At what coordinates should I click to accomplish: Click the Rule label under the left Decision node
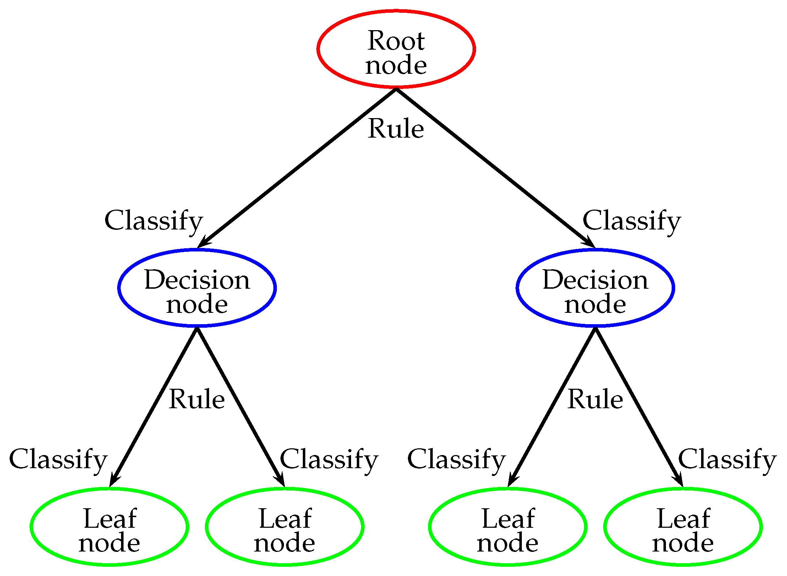pyautogui.click(x=197, y=399)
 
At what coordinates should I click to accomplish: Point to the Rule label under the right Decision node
pyautogui.click(x=595, y=399)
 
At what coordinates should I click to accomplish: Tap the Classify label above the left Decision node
pyautogui.click(x=154, y=222)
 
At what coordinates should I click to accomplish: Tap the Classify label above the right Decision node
pyautogui.click(x=632, y=222)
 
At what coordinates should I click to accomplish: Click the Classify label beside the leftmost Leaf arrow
pyautogui.click(x=58, y=460)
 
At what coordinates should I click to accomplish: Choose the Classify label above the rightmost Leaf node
pyautogui.click(x=728, y=460)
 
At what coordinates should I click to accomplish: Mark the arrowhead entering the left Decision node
pyautogui.click(x=203, y=242)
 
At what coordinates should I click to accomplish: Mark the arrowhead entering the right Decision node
pyautogui.click(x=589, y=242)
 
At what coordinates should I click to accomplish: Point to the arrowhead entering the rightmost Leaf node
pyautogui.click(x=678, y=480)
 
